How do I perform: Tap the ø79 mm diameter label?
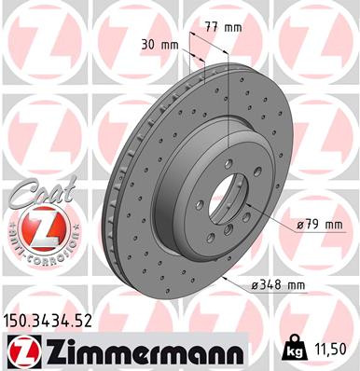coord(321,225)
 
